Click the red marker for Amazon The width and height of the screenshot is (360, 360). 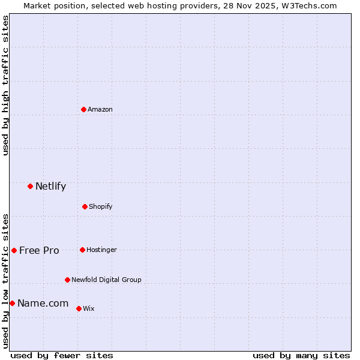point(83,109)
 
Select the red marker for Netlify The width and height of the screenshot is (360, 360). point(30,186)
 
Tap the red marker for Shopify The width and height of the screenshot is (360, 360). point(85,206)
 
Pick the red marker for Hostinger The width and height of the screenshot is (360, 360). point(82,250)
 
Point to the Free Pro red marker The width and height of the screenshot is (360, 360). point(14,250)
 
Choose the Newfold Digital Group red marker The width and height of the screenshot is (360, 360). point(67,280)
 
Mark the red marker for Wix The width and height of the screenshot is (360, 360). point(79,308)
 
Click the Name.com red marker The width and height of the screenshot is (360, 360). point(12,303)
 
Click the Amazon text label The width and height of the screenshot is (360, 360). point(100,109)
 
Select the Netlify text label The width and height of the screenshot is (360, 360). point(50,186)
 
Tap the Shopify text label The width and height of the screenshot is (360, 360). point(101,206)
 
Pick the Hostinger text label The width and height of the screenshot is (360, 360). point(101,250)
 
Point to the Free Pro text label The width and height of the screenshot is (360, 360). point(39,250)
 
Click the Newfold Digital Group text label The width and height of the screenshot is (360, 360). point(106,280)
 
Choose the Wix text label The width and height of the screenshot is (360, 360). point(89,308)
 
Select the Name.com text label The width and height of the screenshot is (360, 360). point(43,303)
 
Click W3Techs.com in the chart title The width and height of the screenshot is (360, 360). point(309,5)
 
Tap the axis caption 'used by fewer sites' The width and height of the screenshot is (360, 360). point(62,355)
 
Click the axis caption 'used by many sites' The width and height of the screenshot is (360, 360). point(301,355)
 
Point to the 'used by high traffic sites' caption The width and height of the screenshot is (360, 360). point(5,85)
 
